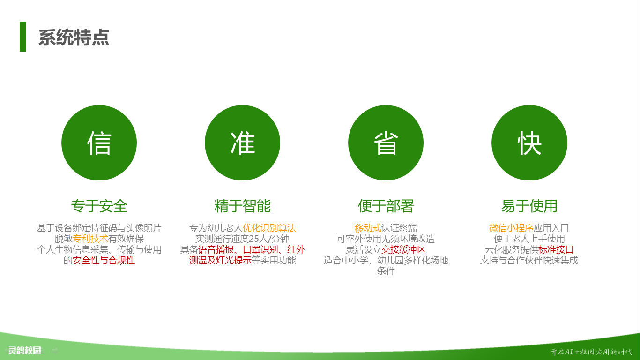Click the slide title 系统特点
74,37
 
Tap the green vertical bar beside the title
23,37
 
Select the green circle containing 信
99,142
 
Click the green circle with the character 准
242,142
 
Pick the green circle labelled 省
386,142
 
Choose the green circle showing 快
529,142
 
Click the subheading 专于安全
99,206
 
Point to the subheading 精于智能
243,206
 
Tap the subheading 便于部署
386,206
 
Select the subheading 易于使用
529,206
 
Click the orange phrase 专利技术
90,239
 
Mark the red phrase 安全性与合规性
104,260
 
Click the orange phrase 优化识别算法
269,228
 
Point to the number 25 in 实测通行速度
254,239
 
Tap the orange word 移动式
368,228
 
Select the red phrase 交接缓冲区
403,249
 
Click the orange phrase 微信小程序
511,228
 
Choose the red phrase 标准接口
556,249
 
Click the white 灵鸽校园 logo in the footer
24,350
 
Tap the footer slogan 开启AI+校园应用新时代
591,352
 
